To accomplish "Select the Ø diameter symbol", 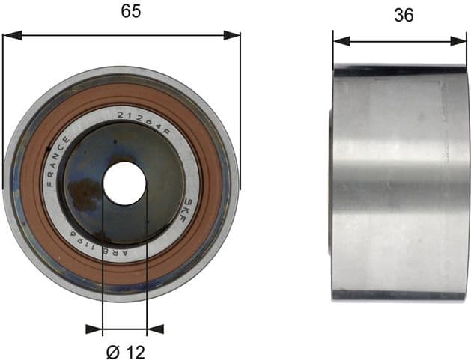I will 112,349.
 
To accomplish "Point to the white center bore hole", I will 124,183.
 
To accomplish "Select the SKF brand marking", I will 189,207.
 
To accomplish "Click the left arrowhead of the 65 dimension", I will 9,34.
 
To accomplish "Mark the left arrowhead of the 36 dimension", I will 338,41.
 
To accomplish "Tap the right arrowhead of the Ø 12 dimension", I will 155,328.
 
